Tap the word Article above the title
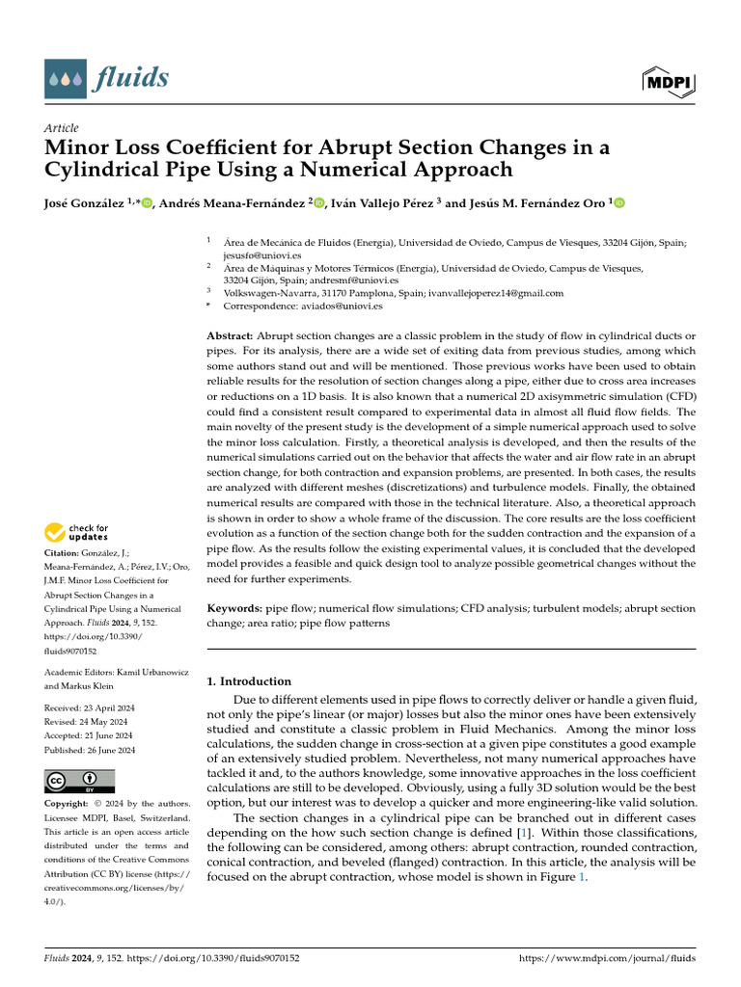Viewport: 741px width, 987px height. click(x=61, y=128)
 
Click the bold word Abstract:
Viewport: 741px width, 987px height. click(x=231, y=335)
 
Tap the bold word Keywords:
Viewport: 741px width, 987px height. click(x=234, y=609)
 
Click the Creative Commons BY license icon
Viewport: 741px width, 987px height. click(x=79, y=781)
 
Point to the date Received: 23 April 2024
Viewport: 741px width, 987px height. click(x=89, y=708)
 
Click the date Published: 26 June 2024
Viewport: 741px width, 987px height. click(x=90, y=750)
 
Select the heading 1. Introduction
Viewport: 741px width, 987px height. click(x=250, y=681)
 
